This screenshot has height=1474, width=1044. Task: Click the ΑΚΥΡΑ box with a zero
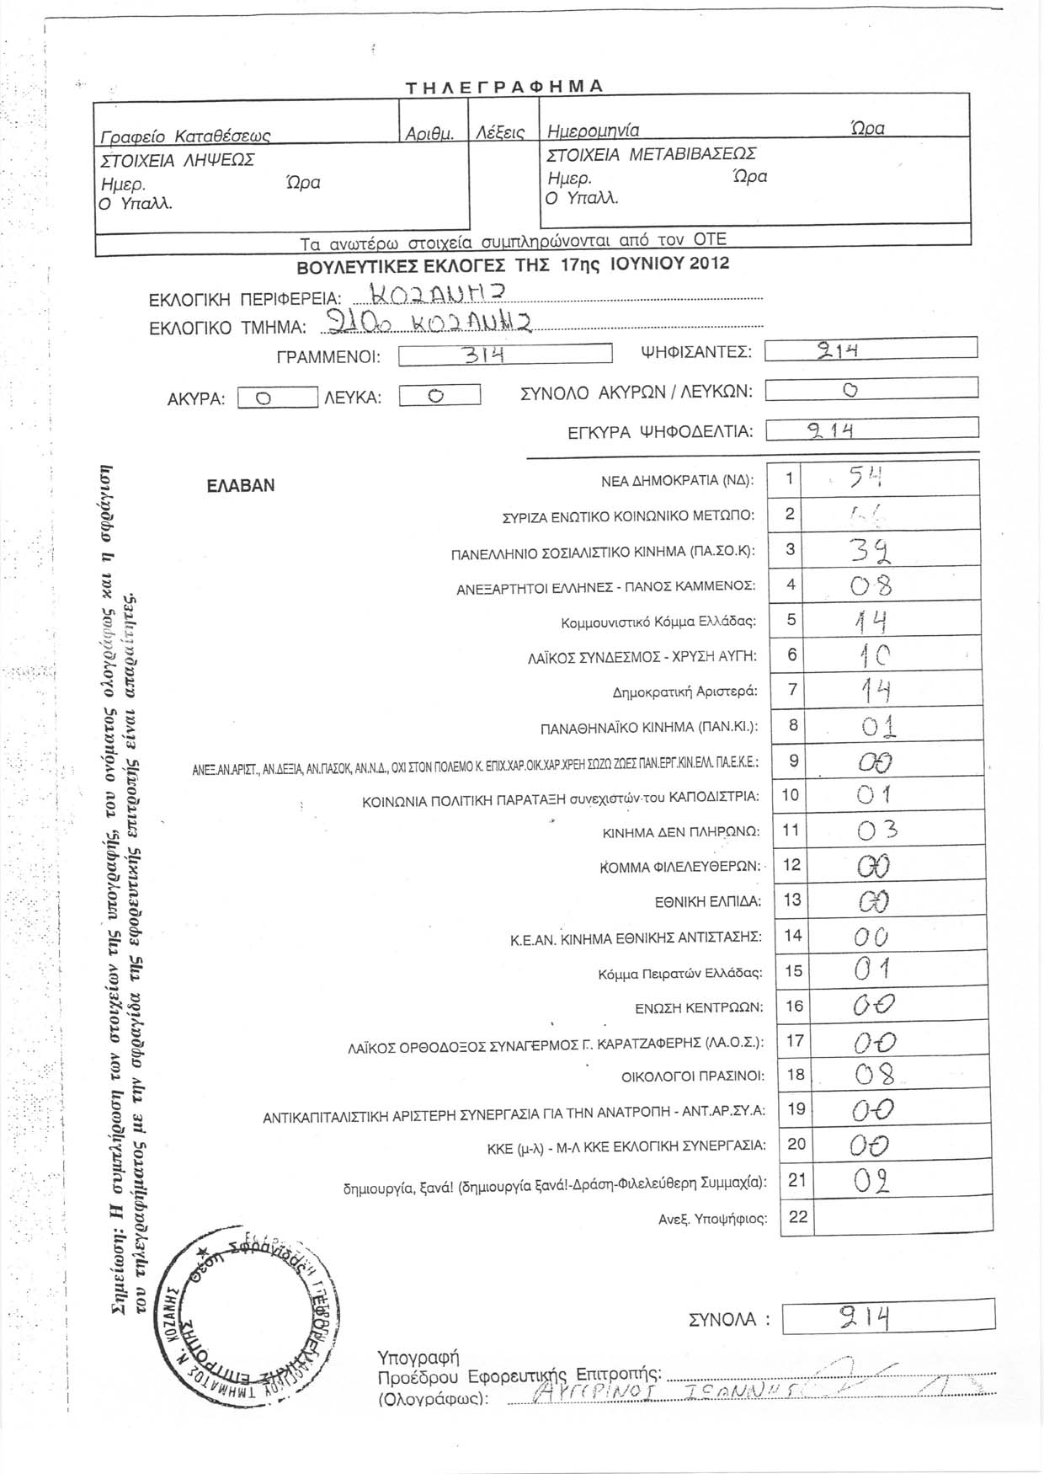pyautogui.click(x=277, y=398)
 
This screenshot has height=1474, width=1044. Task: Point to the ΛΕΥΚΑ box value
pyautogui.click(x=438, y=396)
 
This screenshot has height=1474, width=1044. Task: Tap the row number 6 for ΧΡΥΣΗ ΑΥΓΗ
pyautogui.click(x=791, y=654)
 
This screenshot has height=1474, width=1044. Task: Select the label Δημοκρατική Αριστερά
pyautogui.click(x=684, y=692)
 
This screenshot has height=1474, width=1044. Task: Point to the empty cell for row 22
pyautogui.click(x=896, y=1217)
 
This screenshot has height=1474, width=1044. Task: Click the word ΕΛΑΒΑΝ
pyautogui.click(x=240, y=486)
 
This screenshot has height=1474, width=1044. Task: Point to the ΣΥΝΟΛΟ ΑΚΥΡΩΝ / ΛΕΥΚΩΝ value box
pyautogui.click(x=871, y=388)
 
